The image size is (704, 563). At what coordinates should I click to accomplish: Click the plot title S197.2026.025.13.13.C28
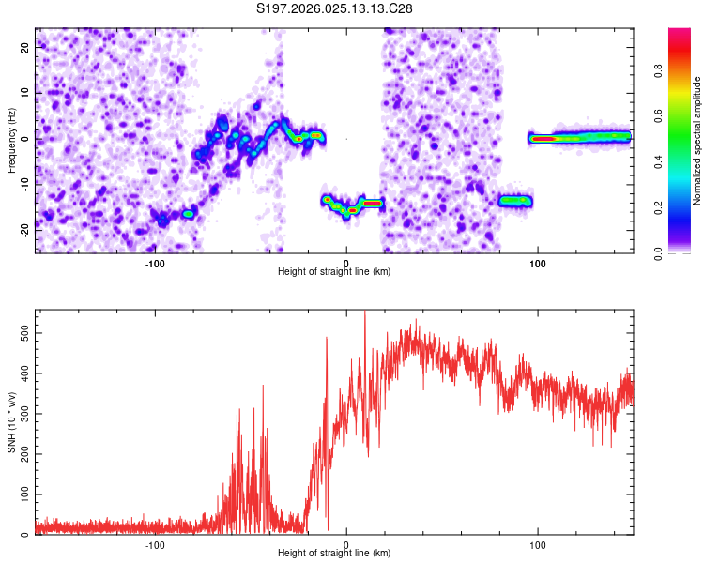pos(334,8)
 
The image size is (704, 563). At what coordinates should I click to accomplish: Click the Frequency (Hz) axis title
pos(11,141)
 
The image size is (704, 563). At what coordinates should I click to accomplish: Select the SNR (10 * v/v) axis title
pos(11,422)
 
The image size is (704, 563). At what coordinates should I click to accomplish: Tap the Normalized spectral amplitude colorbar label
pos(696,141)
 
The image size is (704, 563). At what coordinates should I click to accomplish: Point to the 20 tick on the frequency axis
pos(24,47)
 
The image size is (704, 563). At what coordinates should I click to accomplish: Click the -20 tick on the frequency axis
pos(24,230)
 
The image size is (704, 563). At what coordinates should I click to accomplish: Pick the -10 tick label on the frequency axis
pos(24,185)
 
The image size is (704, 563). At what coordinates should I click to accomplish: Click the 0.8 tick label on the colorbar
pos(658,70)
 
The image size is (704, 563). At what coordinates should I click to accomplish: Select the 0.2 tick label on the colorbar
pos(658,208)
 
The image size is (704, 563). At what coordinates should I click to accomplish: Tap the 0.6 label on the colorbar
pos(658,116)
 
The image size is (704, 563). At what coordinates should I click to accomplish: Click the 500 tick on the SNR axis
pos(24,333)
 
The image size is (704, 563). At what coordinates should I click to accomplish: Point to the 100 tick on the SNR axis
pos(24,495)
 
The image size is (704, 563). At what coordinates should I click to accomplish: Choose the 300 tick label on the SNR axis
pos(24,414)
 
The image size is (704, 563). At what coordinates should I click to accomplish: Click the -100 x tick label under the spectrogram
pos(155,264)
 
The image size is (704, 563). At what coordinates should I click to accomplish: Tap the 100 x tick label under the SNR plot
pos(538,545)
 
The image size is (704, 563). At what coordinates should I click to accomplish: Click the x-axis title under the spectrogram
pos(334,271)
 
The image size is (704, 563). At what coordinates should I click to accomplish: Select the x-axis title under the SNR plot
pos(334,553)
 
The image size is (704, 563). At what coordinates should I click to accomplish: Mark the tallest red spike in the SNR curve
pos(364,314)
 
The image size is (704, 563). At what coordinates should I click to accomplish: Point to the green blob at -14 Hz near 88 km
pos(515,201)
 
